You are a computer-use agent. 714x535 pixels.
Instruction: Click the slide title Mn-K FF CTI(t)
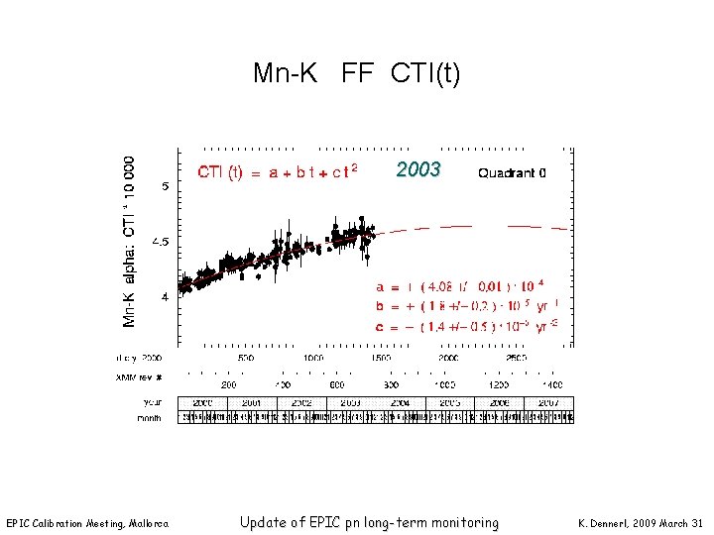pyautogui.click(x=356, y=73)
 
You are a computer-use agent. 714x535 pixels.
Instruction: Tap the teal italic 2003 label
pyautogui.click(x=417, y=169)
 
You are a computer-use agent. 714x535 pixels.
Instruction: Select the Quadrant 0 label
pyautogui.click(x=512, y=172)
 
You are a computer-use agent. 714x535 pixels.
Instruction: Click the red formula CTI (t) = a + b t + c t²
pyautogui.click(x=277, y=171)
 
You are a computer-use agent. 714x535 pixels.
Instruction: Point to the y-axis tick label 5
pyautogui.click(x=165, y=186)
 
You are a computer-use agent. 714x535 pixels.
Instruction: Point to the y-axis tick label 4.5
pyautogui.click(x=161, y=241)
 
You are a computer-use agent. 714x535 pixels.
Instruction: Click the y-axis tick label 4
pyautogui.click(x=165, y=296)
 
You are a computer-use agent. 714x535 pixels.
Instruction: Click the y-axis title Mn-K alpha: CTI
pyautogui.click(x=130, y=241)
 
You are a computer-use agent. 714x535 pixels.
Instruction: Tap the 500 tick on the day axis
pyautogui.click(x=244, y=357)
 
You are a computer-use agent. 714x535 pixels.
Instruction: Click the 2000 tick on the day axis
pyautogui.click(x=448, y=357)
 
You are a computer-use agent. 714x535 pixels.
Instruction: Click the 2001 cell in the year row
pyautogui.click(x=252, y=403)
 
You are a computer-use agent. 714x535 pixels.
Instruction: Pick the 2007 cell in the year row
pyautogui.click(x=549, y=403)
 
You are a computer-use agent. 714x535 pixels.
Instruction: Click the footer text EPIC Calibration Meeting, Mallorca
pyautogui.click(x=87, y=523)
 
